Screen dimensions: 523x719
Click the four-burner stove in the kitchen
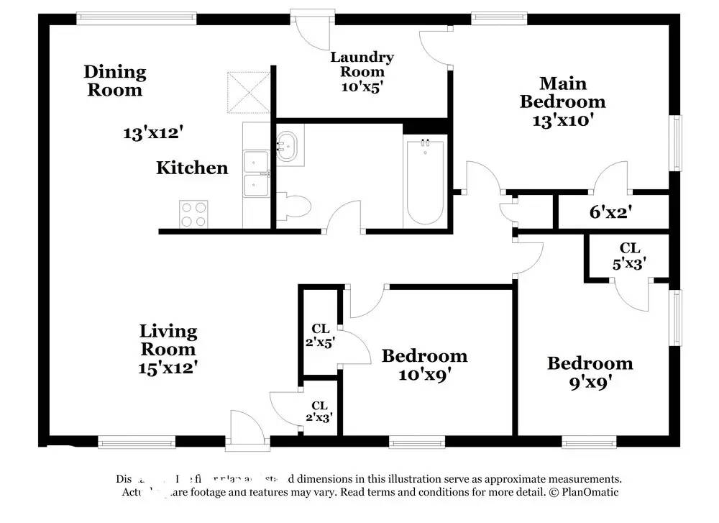pyautogui.click(x=193, y=213)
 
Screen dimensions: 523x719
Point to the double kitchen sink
pyautogui.click(x=256, y=173)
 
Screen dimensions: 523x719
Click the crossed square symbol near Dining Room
pyautogui.click(x=246, y=91)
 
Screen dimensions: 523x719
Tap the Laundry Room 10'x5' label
pyautogui.click(x=361, y=71)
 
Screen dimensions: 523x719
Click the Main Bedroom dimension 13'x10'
pyautogui.click(x=562, y=120)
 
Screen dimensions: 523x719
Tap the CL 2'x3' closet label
pyautogui.click(x=319, y=411)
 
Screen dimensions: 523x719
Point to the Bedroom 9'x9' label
pyautogui.click(x=590, y=372)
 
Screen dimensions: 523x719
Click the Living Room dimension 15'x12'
pyautogui.click(x=168, y=367)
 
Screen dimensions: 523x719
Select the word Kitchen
pyautogui.click(x=192, y=168)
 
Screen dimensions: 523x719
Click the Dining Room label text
pyautogui.click(x=115, y=81)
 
